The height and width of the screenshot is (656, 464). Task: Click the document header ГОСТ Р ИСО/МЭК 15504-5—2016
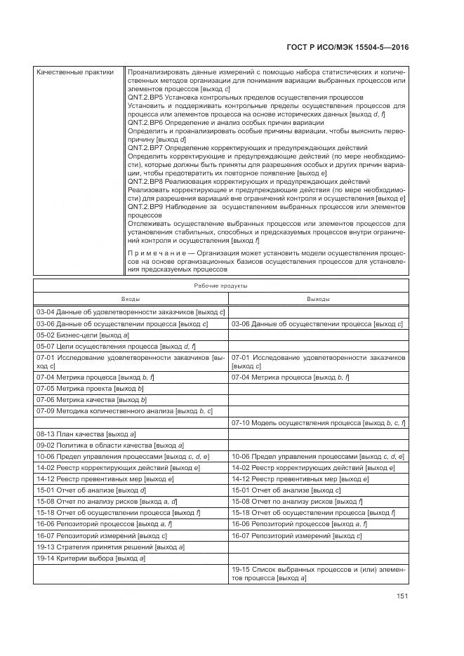(x=348, y=48)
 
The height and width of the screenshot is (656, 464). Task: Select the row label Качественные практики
(x=74, y=72)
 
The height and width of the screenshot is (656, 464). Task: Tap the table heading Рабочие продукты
(x=220, y=286)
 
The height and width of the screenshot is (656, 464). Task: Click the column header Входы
(x=131, y=299)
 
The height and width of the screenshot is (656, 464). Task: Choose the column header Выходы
(x=318, y=299)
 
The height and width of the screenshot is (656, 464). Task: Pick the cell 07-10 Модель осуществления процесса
(x=319, y=423)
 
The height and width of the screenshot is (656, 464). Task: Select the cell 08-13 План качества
(x=86, y=435)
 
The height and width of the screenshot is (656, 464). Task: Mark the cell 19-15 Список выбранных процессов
(x=318, y=574)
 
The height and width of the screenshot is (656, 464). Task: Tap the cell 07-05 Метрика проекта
(x=91, y=388)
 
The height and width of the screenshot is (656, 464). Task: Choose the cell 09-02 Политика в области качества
(x=110, y=446)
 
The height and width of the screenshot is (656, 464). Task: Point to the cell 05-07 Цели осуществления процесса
(x=116, y=347)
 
